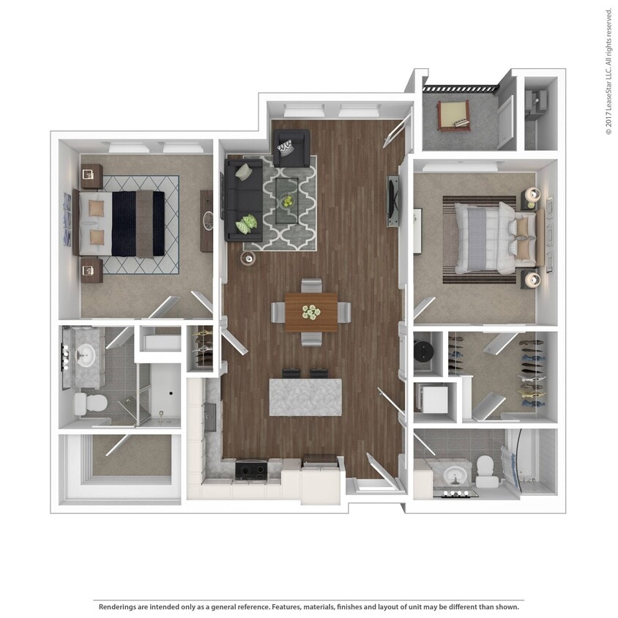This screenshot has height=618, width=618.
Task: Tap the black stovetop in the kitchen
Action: click(250, 469)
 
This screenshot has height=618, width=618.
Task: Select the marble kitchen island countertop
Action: click(305, 397)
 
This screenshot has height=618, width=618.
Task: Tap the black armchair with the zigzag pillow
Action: click(291, 149)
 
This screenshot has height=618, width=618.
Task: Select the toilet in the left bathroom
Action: click(89, 402)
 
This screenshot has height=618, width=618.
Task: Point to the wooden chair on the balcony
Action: click(453, 114)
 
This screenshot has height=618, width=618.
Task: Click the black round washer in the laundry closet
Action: click(425, 351)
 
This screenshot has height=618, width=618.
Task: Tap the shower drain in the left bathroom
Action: click(170, 393)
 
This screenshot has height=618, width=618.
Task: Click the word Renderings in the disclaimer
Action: click(120, 607)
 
